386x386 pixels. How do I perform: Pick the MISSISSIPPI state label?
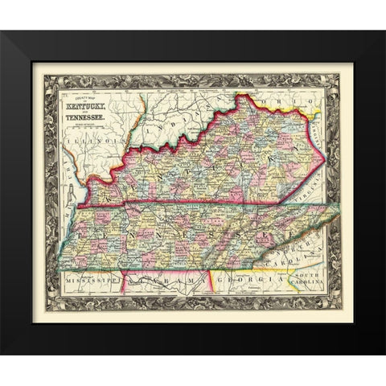coord(84,282)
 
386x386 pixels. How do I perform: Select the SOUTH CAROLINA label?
coord(312,284)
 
